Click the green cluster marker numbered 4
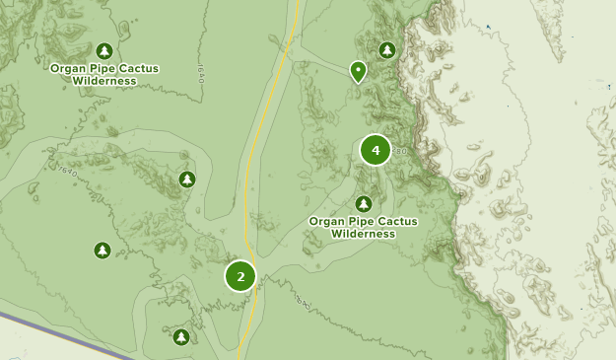click(x=376, y=150)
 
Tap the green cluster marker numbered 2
click(x=240, y=276)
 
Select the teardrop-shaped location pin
click(x=358, y=71)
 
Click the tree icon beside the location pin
click(x=387, y=49)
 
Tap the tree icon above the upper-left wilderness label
click(x=105, y=50)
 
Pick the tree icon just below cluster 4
click(x=364, y=204)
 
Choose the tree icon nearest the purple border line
click(x=181, y=337)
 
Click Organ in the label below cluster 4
click(x=326, y=222)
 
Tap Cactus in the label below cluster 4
click(x=397, y=222)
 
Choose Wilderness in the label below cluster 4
click(x=363, y=234)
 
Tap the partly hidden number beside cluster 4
click(x=398, y=151)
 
